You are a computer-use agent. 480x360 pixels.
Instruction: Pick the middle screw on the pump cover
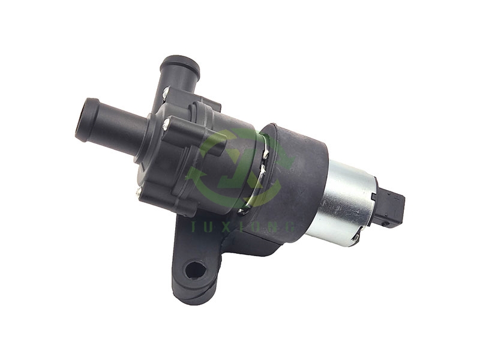pos(166,124)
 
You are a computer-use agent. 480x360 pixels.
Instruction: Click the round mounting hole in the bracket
pos(194,269)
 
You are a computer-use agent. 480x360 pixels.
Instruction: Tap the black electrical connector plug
pos(391,206)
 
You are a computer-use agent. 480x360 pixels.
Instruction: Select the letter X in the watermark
pos(230,227)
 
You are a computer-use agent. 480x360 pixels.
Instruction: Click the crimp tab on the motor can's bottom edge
pos(355,239)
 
